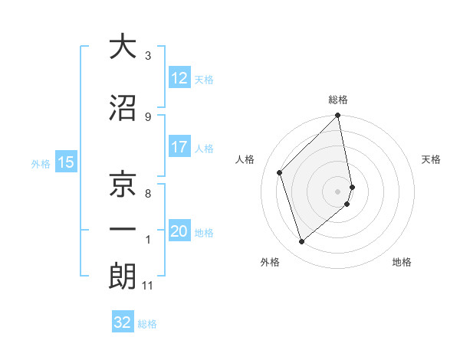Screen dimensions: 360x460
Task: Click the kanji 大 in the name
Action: click(x=123, y=47)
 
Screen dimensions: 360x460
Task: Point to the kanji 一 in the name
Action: click(x=123, y=229)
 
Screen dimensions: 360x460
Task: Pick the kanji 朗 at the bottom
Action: click(x=123, y=277)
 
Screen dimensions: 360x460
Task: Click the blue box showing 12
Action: click(x=179, y=78)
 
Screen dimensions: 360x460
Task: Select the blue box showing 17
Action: click(x=179, y=148)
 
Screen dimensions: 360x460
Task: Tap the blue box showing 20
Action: click(x=179, y=232)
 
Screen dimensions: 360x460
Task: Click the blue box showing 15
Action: click(x=65, y=162)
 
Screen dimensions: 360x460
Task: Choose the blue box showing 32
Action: click(x=123, y=322)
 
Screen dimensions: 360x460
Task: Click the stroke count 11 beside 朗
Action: click(x=147, y=286)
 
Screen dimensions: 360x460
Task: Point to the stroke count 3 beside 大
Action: click(x=148, y=56)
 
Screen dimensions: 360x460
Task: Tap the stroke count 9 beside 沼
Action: click(x=148, y=117)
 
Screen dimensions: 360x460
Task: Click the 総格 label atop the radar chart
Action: click(x=338, y=100)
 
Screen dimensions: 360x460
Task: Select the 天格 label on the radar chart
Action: click(x=432, y=159)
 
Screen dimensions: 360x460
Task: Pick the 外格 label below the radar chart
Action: click(x=270, y=262)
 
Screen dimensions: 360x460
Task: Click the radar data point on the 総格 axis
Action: click(x=338, y=116)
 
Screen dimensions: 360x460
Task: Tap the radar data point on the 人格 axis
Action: click(x=280, y=172)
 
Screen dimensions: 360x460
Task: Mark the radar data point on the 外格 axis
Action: click(x=301, y=242)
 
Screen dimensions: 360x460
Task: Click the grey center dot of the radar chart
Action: click(x=338, y=191)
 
